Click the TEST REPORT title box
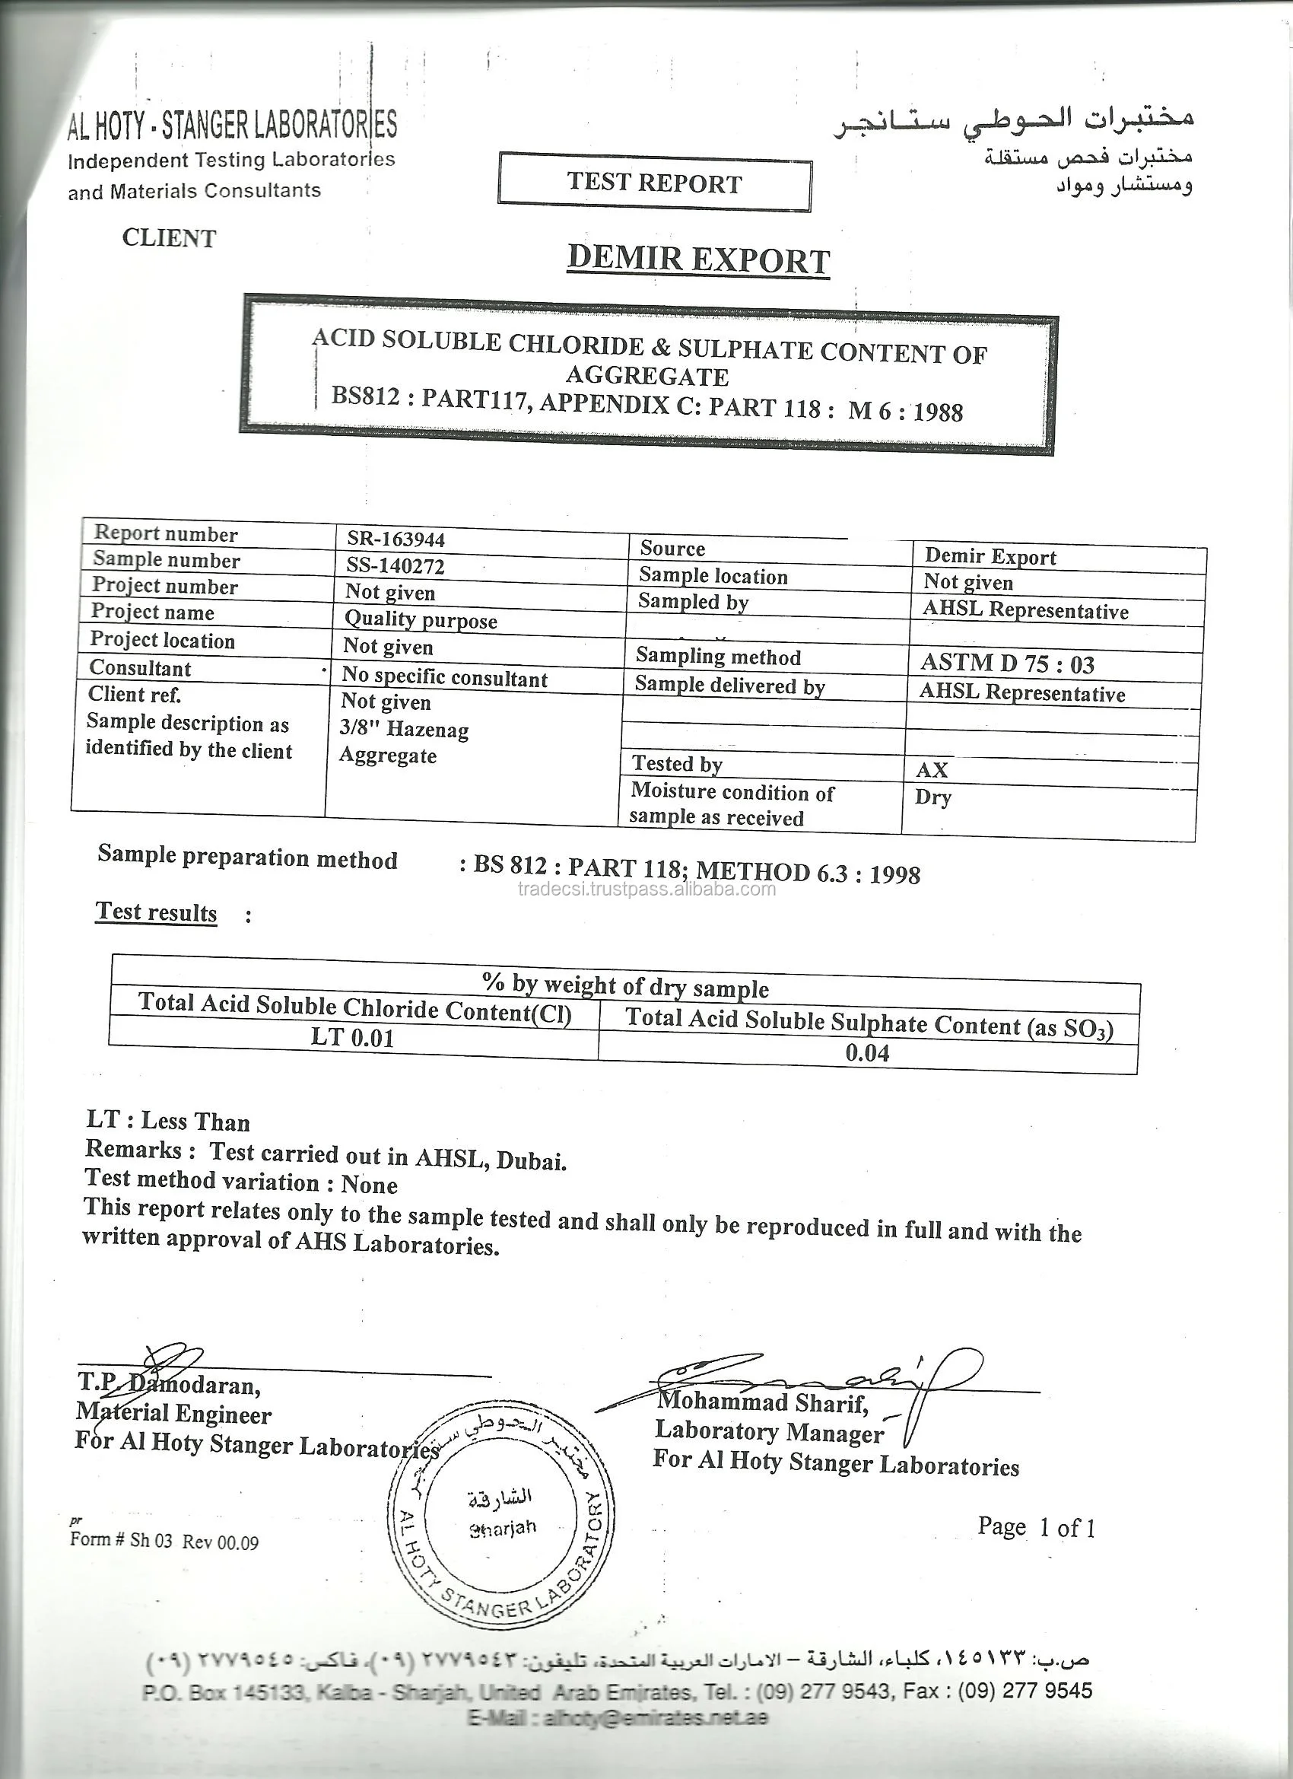pos(654,182)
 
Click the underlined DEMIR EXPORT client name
pos(698,259)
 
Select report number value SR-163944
pos(396,539)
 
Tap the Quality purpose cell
pos(421,619)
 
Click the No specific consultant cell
pos(445,677)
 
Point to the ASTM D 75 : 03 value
pos(1007,664)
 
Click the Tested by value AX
pos(932,769)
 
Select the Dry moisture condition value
pos(932,797)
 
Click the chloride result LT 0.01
pos(352,1037)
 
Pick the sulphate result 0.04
pos(867,1052)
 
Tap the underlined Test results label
pos(156,912)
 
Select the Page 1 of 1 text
pos(1036,1526)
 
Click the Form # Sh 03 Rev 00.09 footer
pos(164,1540)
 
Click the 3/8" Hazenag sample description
pos(404,730)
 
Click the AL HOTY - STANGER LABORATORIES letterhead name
pos(232,125)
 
